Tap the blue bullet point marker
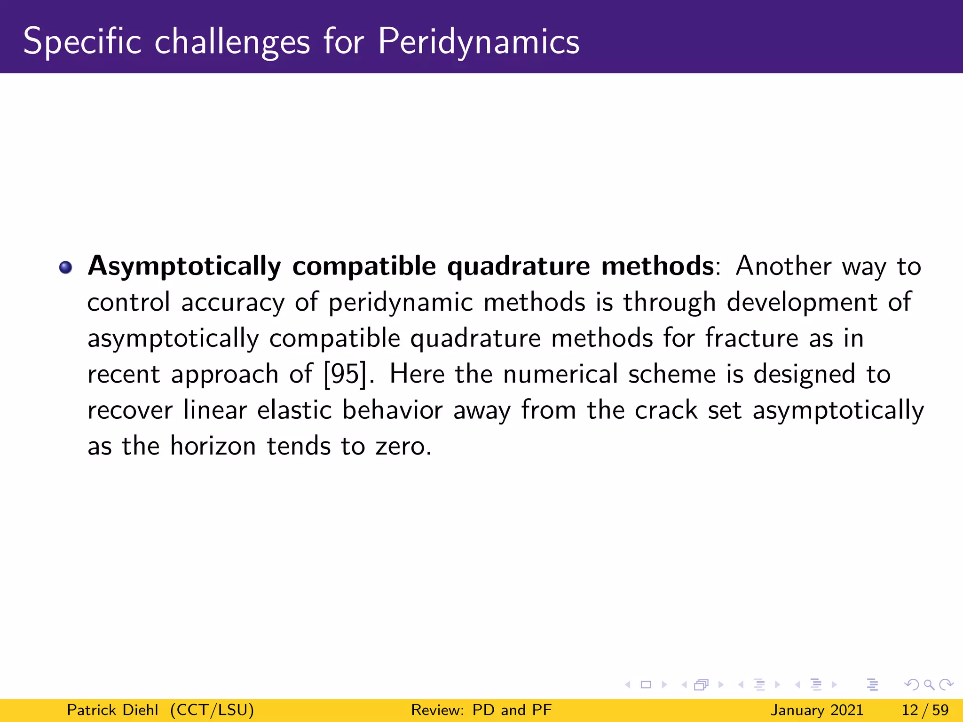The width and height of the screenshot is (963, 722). pos(66,267)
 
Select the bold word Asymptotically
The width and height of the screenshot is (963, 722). pos(184,267)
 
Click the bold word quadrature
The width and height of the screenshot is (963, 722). pos(518,267)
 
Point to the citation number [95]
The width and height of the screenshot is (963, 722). pos(345,375)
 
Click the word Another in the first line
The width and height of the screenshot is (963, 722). pos(783,267)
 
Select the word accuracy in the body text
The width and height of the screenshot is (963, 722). pos(233,302)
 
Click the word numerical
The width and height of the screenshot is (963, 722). pos(560,375)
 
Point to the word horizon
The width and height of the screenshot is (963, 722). pos(213,446)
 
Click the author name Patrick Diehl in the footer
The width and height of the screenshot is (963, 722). pos(112,710)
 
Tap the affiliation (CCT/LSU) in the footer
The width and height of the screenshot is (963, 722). pos(212,710)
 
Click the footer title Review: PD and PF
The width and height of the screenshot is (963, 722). pos(481,710)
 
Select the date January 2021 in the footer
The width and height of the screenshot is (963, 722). pos(817,710)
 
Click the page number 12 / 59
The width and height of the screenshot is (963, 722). pos(925,710)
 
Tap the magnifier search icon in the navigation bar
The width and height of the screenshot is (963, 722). pos(929,685)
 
